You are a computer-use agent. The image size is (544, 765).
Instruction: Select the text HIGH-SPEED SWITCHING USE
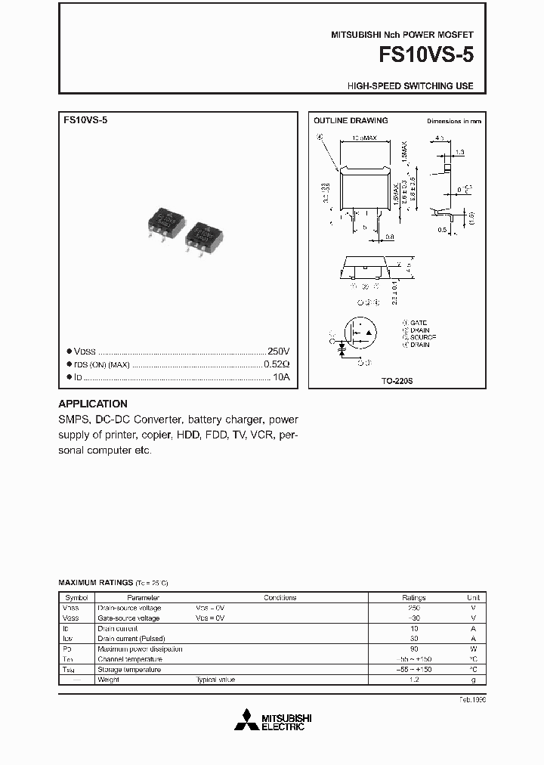pyautogui.click(x=410, y=86)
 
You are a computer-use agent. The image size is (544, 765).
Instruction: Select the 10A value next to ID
pyautogui.click(x=281, y=376)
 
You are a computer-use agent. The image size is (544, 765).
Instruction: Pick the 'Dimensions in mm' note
pyautogui.click(x=453, y=121)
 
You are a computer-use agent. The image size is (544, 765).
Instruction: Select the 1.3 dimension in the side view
pyautogui.click(x=459, y=152)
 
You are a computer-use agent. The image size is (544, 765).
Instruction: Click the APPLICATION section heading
pyautogui.click(x=93, y=404)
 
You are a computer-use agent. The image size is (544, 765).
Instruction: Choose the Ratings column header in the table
pyautogui.click(x=413, y=597)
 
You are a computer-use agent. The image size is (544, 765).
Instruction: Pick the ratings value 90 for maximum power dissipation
pyautogui.click(x=413, y=649)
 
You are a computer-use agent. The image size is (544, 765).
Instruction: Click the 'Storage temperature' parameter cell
pyautogui.click(x=129, y=670)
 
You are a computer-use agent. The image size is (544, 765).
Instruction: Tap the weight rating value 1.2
pyautogui.click(x=413, y=680)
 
